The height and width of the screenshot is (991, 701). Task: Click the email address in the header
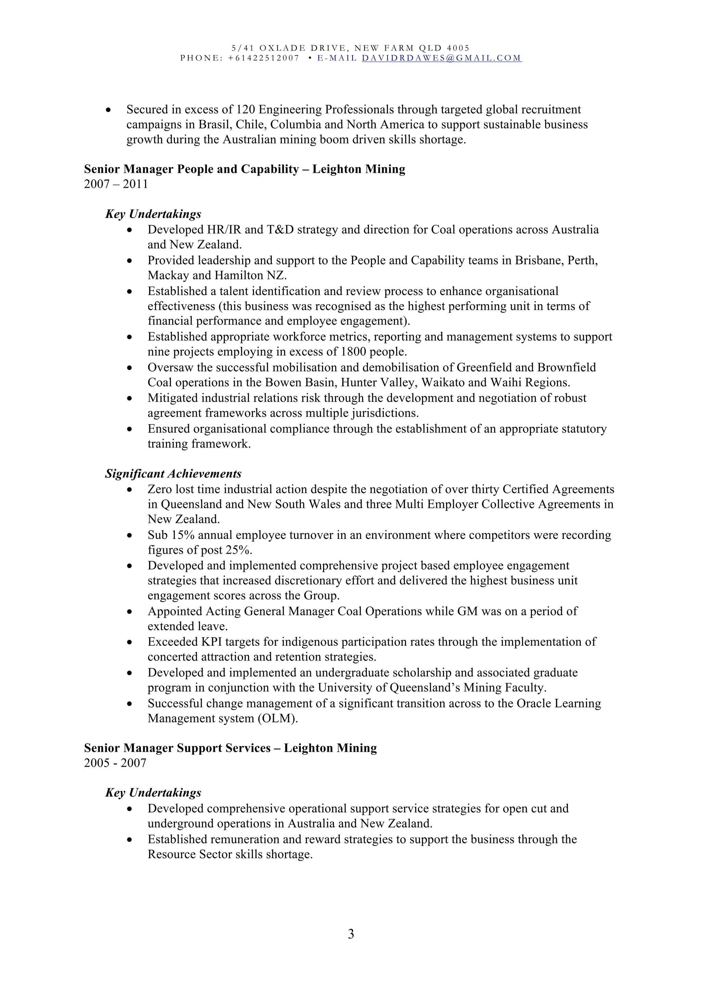coord(442,58)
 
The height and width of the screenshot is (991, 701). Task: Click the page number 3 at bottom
coord(350,934)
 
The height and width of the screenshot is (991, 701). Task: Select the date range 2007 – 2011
coord(116,184)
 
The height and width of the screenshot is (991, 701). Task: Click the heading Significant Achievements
coord(173,474)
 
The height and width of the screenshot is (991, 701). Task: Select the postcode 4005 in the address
coord(458,48)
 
